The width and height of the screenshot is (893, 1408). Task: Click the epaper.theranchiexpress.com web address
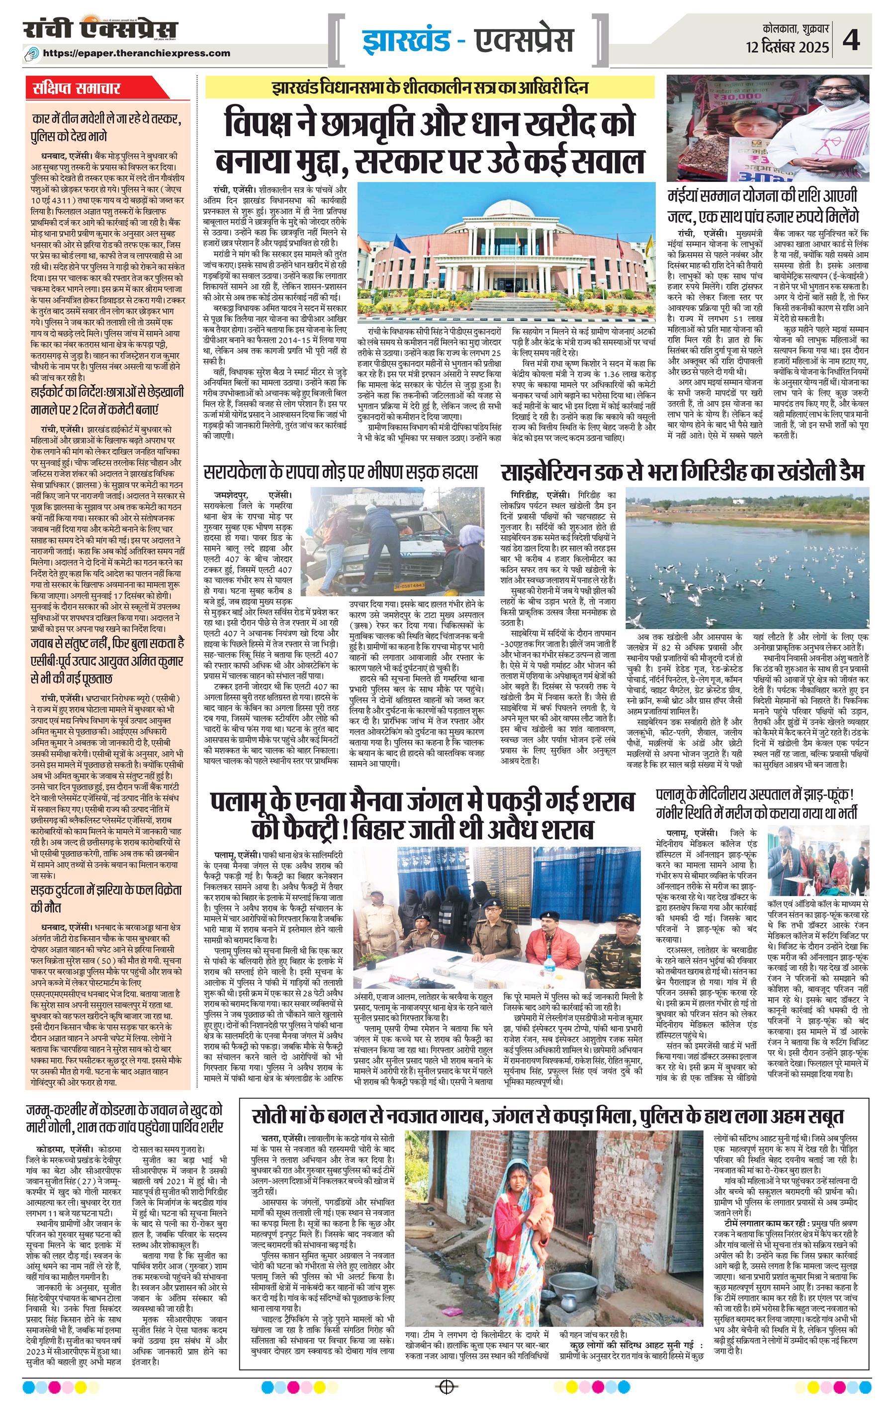pyautogui.click(x=145, y=53)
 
